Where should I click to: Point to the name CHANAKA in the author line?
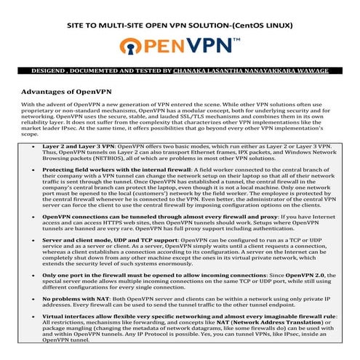coord(196,71)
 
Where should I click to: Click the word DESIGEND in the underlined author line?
coord(50,71)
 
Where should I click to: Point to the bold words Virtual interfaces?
coord(69,316)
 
